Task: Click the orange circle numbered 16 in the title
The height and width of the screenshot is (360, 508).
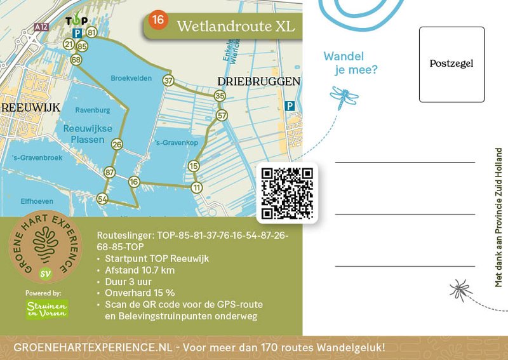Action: click(157, 20)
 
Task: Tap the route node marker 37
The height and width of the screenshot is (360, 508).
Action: click(168, 81)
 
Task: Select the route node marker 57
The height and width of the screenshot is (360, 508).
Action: click(222, 116)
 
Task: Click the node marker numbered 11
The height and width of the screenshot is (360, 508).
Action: click(197, 187)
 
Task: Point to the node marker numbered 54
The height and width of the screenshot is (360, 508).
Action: click(102, 199)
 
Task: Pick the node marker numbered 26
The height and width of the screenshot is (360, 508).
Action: click(117, 145)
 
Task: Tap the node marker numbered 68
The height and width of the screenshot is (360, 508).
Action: click(77, 60)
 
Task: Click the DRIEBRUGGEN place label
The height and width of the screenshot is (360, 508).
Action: click(258, 82)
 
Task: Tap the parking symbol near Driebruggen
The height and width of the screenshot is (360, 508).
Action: click(290, 106)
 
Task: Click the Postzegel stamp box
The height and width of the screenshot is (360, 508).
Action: click(451, 64)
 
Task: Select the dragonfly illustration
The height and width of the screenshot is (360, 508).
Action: click(344, 97)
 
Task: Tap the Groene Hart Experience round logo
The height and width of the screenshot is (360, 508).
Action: click(45, 248)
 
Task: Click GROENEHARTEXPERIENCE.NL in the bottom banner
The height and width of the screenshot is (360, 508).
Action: click(93, 347)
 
